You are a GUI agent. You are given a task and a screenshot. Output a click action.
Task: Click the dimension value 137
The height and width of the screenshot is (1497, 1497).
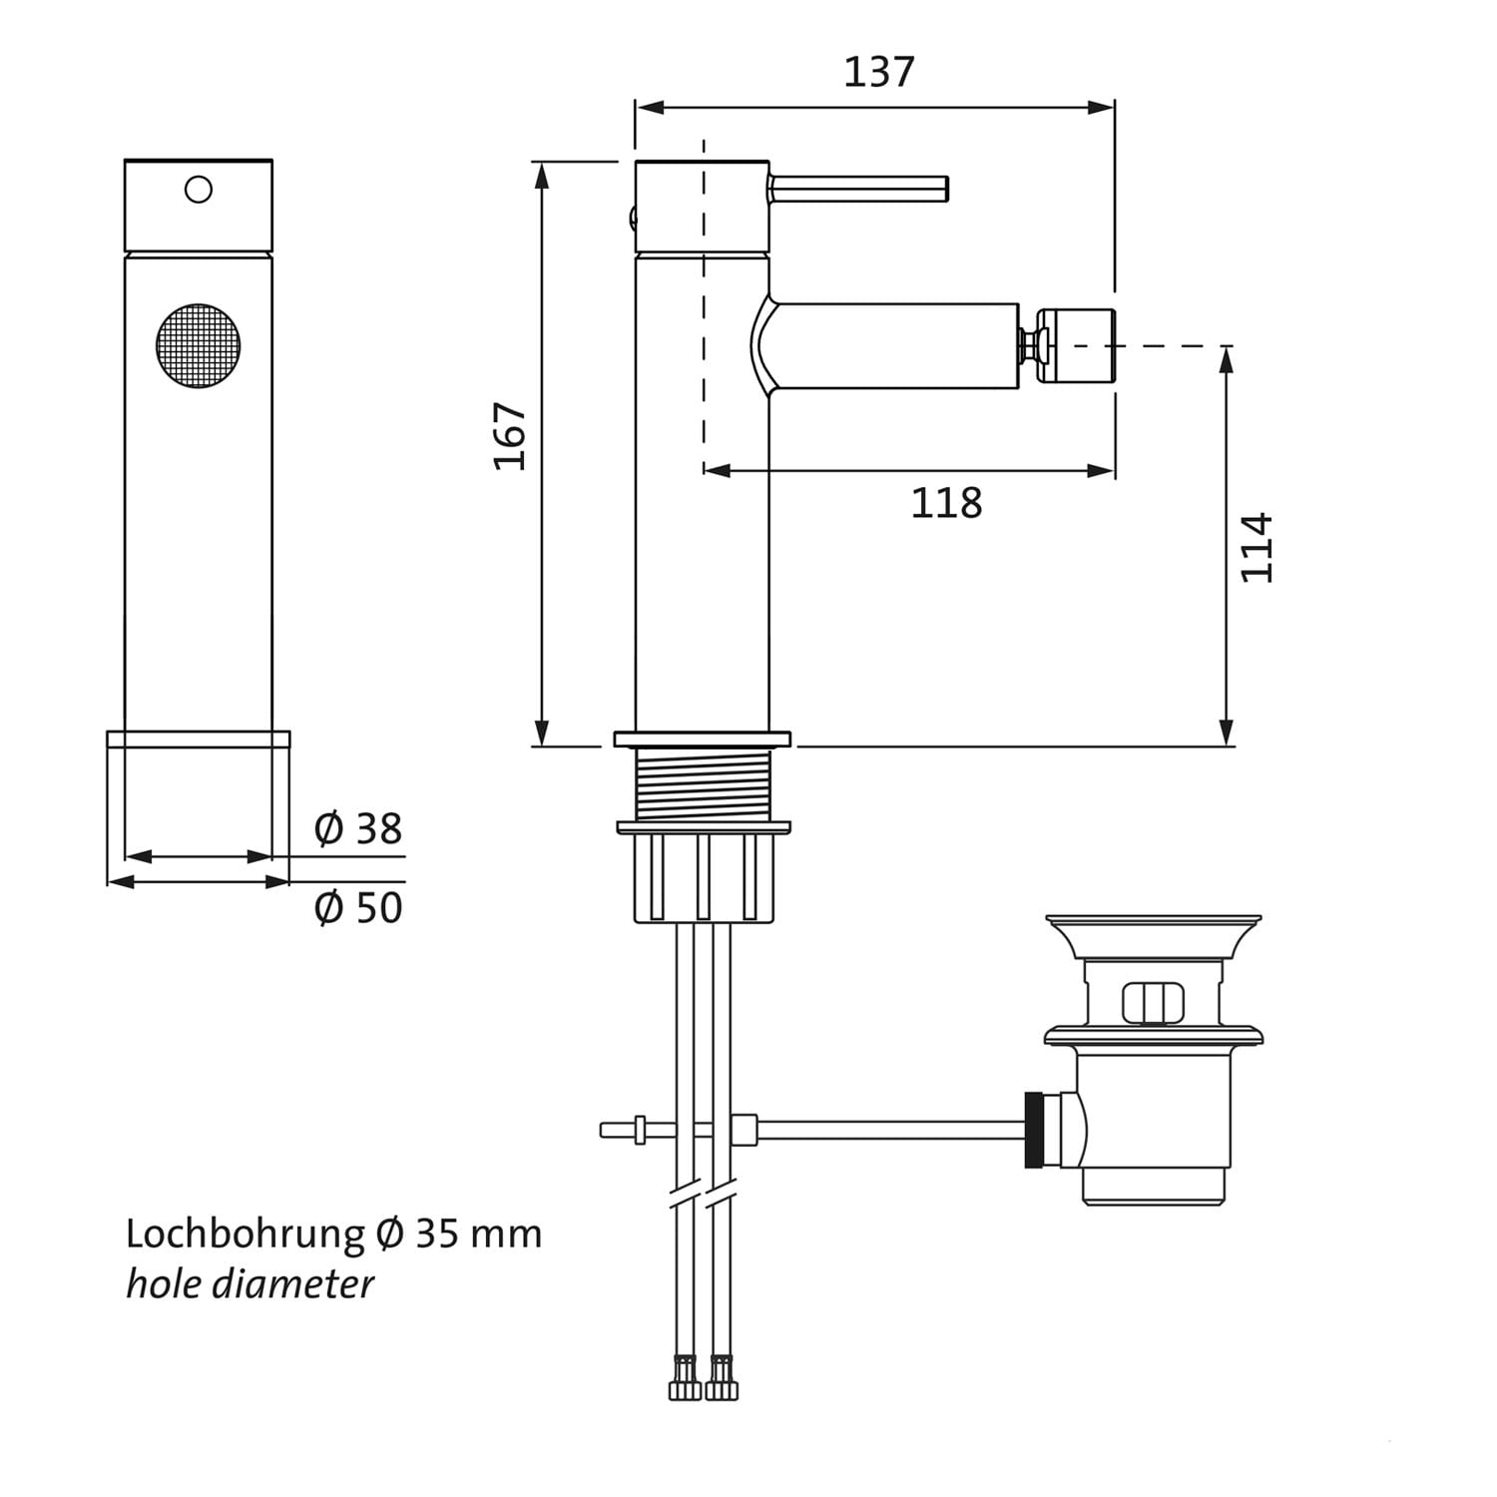(x=879, y=72)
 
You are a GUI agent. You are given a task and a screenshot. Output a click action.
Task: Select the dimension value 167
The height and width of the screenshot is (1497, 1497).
(x=510, y=436)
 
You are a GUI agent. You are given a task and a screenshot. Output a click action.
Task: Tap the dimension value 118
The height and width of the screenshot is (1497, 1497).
(x=946, y=503)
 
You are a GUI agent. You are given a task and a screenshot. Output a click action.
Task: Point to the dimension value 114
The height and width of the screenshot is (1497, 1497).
(x=1256, y=547)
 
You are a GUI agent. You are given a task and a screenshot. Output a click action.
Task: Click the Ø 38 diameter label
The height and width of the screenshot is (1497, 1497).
(x=357, y=828)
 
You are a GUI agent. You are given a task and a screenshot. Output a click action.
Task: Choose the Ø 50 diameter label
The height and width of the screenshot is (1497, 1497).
(x=357, y=908)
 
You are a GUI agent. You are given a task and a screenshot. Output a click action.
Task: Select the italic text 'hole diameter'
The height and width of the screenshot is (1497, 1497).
(x=249, y=1283)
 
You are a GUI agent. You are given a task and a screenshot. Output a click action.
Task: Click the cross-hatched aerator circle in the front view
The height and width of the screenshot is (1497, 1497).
(x=199, y=345)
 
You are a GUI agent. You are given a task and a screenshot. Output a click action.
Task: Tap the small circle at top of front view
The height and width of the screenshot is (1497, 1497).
(x=199, y=190)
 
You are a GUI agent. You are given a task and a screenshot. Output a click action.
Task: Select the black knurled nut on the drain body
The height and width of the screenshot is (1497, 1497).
(x=1037, y=1130)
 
